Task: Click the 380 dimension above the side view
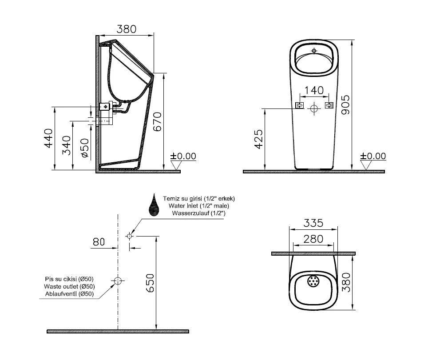pos(126,29)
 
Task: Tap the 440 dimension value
pos(48,138)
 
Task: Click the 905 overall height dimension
pos(346,104)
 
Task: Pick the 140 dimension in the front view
pos(314,90)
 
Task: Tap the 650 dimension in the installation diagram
pos(151,283)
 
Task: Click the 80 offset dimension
pos(99,242)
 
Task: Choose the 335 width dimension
pos(313,223)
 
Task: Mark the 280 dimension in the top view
pos(313,239)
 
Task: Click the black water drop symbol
pos(154,205)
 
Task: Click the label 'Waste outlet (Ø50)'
pos(69,286)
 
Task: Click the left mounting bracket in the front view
pos(300,105)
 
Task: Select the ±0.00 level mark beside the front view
pos(373,156)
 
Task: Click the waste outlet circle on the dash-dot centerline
pos(118,281)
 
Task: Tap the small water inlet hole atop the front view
pos(314,51)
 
